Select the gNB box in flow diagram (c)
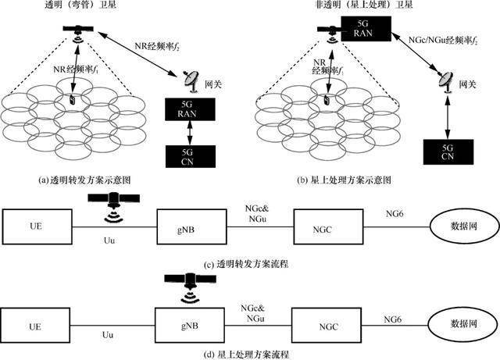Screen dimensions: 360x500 (x=184, y=227)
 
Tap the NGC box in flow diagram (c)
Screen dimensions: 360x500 (x=325, y=227)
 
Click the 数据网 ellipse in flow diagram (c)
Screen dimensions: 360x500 (x=462, y=227)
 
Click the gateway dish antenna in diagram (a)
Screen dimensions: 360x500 (x=188, y=78)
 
